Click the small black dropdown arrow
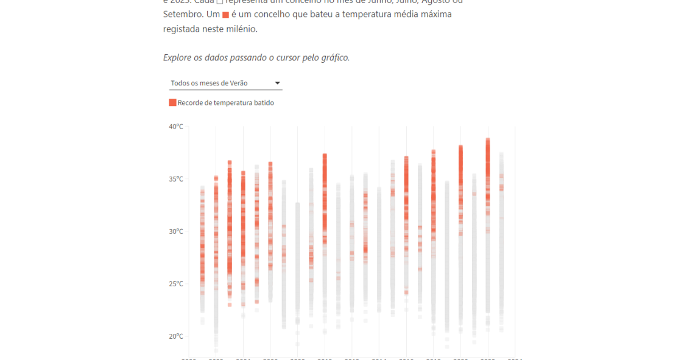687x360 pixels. [277, 83]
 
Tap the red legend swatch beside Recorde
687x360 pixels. [172, 103]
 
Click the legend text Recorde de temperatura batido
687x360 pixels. [226, 103]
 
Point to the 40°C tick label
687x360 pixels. [176, 127]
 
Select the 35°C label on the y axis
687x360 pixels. [176, 179]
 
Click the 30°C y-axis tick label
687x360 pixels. [176, 231]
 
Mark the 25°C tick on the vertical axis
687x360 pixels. [176, 284]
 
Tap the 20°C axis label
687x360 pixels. [176, 336]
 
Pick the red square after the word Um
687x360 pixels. [225, 15]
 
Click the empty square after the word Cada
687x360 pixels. [220, 1]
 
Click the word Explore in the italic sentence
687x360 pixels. [178, 58]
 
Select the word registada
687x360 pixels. [183, 29]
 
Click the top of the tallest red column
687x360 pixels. [488, 139]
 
